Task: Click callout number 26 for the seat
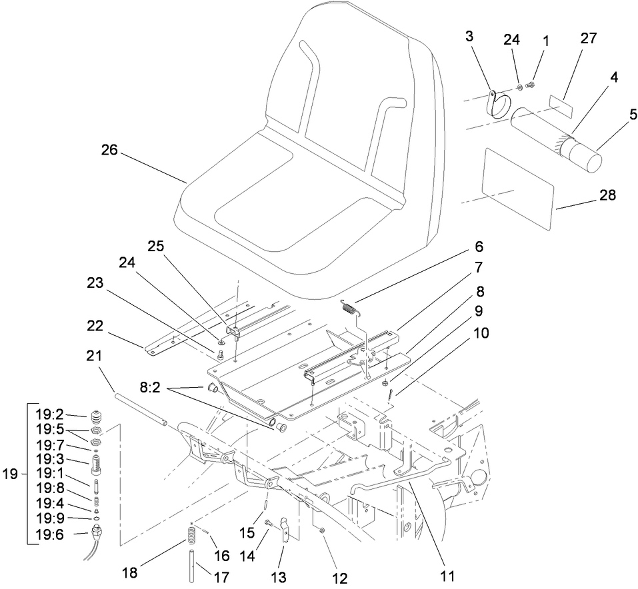tap(109, 151)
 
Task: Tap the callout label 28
tap(607, 195)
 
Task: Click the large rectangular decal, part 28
tap(517, 189)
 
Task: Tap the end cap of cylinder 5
tap(589, 163)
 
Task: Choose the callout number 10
tap(479, 331)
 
